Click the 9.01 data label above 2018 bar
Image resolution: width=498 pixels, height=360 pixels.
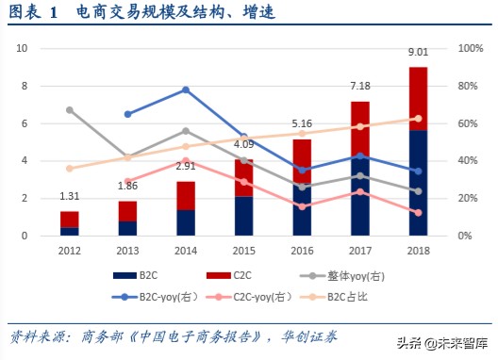(x=417, y=53)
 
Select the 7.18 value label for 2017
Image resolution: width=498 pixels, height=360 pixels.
(x=363, y=87)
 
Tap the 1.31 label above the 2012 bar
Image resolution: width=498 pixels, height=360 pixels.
(x=69, y=197)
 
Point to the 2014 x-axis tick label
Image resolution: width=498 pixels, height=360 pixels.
(x=185, y=250)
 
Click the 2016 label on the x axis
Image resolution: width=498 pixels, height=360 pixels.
(x=301, y=250)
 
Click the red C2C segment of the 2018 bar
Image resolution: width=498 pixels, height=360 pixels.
(x=417, y=98)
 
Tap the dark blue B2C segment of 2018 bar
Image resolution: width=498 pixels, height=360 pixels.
(x=417, y=183)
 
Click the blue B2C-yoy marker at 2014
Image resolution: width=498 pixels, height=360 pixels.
(x=185, y=90)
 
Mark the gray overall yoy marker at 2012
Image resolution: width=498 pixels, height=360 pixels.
(x=69, y=110)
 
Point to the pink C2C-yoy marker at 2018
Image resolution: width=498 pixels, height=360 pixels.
(x=417, y=213)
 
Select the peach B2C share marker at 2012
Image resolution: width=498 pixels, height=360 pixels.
(x=69, y=169)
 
